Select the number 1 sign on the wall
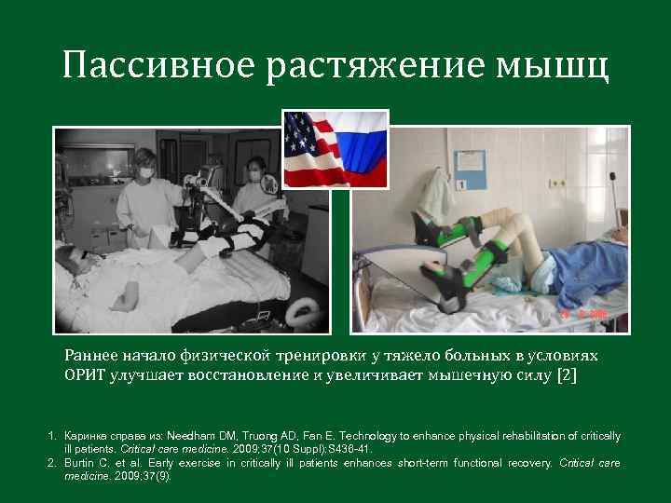point(460,185)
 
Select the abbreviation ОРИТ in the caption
point(86,375)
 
